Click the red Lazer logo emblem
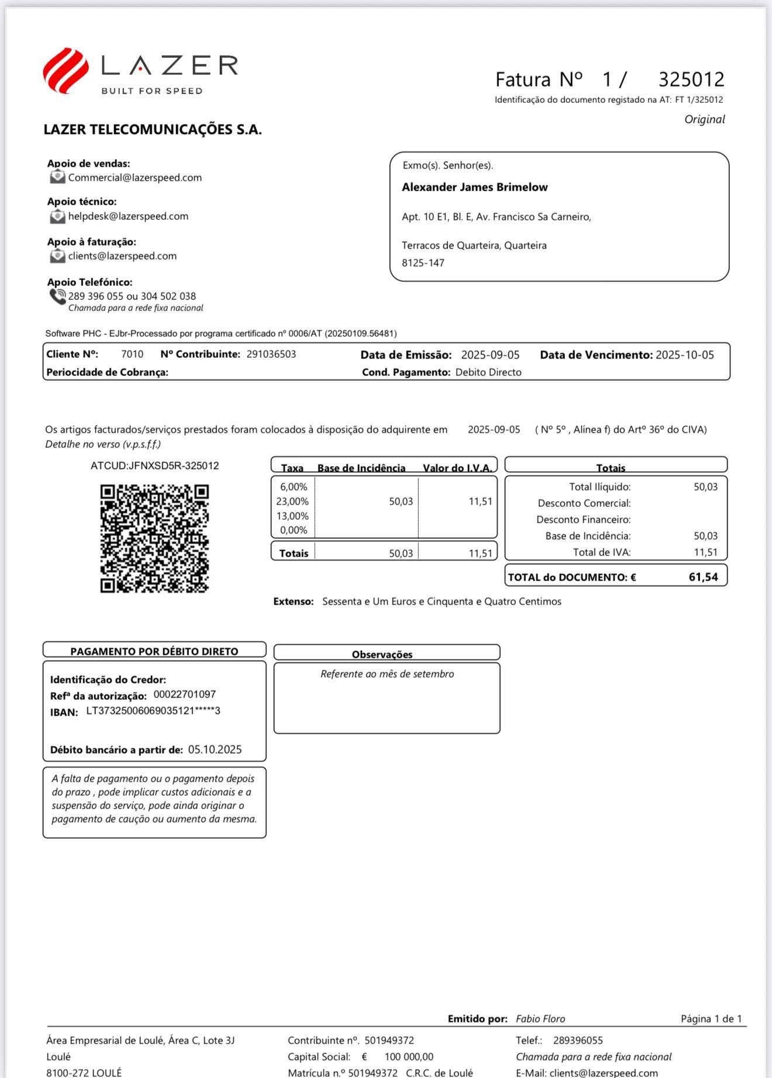coord(66,70)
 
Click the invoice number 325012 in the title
coord(691,79)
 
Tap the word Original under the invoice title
coord(704,119)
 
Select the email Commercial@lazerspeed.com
coord(135,178)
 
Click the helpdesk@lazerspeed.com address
coord(128,216)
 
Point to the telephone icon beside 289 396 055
coord(57,297)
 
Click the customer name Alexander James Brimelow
coord(474,188)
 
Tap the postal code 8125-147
coord(423,263)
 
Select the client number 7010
coord(132,354)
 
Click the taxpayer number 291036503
coord(271,354)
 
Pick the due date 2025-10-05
coord(684,355)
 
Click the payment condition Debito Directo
coord(488,372)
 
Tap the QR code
coord(154,538)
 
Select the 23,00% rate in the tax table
coord(292,502)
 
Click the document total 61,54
coord(703,577)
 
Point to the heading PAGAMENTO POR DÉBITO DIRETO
coord(154,651)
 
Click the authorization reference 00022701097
coord(185,695)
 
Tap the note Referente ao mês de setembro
coord(387,674)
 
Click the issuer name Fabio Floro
coord(540,1019)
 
